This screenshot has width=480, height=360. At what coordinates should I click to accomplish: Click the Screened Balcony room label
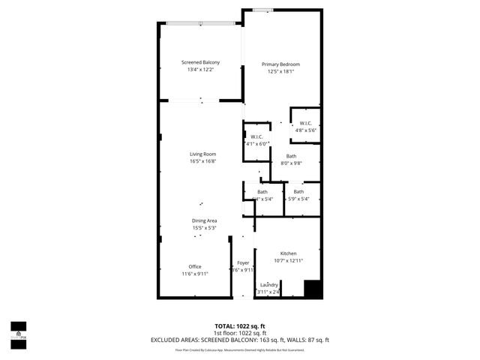pos(200,62)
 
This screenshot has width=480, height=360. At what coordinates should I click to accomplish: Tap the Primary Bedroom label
pos(280,64)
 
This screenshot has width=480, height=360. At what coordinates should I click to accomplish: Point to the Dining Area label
pos(204,220)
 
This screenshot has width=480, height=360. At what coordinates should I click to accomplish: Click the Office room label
pos(195,266)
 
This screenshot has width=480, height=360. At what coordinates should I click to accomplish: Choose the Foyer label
pos(243,262)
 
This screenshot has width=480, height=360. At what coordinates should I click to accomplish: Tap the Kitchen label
pos(289,253)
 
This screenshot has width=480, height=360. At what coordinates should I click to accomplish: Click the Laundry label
pos(269,285)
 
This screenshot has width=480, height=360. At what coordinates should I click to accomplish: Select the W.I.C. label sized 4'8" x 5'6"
pos(306,123)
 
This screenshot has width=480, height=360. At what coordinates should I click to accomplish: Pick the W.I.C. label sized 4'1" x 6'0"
pos(256,136)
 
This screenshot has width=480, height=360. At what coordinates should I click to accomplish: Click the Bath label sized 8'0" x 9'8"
pos(291,156)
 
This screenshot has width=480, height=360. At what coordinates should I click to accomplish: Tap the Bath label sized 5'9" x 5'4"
pos(298,191)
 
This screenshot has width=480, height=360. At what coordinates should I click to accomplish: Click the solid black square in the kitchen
pos(312,289)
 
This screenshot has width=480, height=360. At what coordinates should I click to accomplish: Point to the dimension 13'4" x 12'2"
pos(200,70)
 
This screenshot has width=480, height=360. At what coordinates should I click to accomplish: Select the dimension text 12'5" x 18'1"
pos(280,72)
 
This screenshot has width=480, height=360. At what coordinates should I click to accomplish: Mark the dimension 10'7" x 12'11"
pos(289,260)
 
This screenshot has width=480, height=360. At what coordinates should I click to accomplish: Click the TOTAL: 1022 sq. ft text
pos(240,325)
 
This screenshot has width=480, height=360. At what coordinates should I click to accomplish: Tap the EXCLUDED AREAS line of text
pos(240,340)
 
